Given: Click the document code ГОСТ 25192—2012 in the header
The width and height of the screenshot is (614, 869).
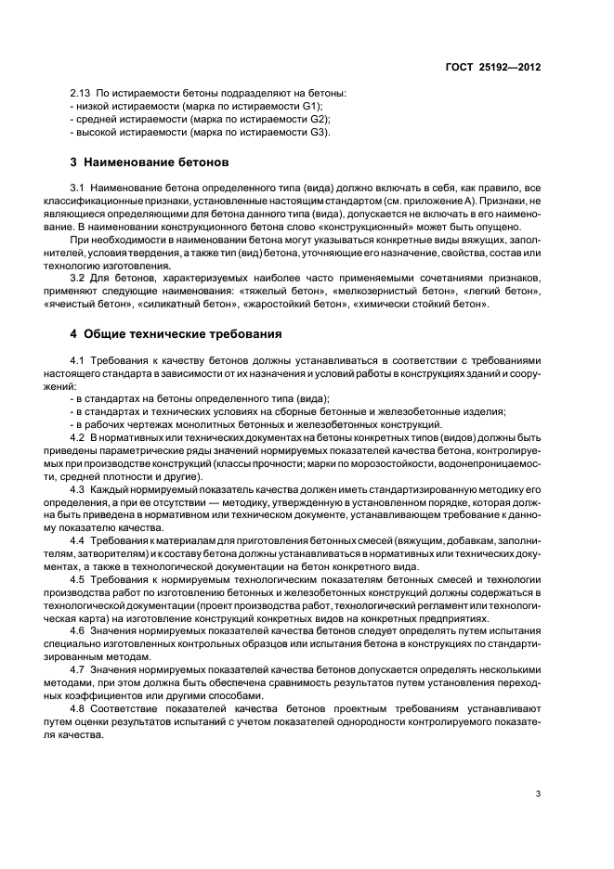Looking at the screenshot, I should [495, 68].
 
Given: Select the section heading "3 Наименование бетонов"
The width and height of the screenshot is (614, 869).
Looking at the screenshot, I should [150, 162].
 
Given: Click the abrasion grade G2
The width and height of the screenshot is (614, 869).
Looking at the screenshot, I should [318, 120].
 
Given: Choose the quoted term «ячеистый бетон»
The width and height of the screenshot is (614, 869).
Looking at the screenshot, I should [107, 304].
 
